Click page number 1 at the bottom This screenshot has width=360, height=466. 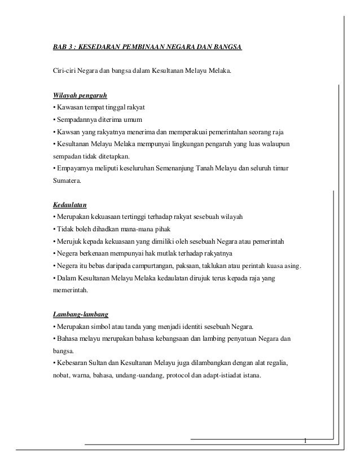[305, 440]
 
